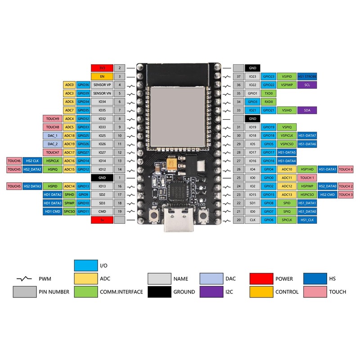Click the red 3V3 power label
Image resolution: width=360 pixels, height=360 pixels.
[x=102, y=68]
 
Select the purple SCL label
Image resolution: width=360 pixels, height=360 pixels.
[x=307, y=85]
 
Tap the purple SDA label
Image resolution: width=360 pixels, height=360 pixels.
[x=307, y=110]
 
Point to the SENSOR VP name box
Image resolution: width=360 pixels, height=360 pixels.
[x=102, y=85]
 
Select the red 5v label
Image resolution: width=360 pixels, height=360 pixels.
[x=102, y=220]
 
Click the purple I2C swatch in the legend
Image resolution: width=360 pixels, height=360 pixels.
[x=211, y=292]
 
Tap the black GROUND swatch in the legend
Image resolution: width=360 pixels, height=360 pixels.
[x=160, y=292]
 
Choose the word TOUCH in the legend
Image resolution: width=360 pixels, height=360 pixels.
[x=337, y=292]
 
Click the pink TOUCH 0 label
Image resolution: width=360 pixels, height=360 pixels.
[x=346, y=169]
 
